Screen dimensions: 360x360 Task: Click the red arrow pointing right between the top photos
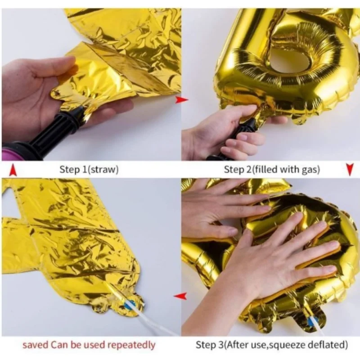click(x=181, y=100)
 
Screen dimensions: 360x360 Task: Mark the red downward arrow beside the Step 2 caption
click(x=349, y=169)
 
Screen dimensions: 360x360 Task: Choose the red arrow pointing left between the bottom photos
click(x=180, y=296)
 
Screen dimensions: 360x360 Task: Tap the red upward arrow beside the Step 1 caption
click(x=13, y=170)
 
